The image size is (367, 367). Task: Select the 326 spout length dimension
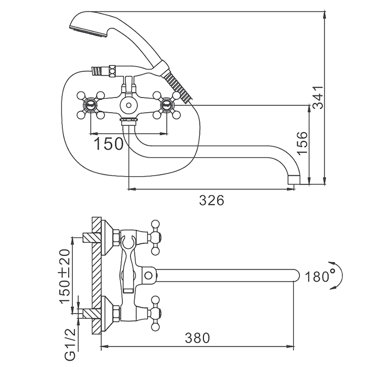[x=212, y=200]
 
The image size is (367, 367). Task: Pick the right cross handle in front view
[x=167, y=105]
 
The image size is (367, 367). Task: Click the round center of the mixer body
[x=128, y=105]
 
